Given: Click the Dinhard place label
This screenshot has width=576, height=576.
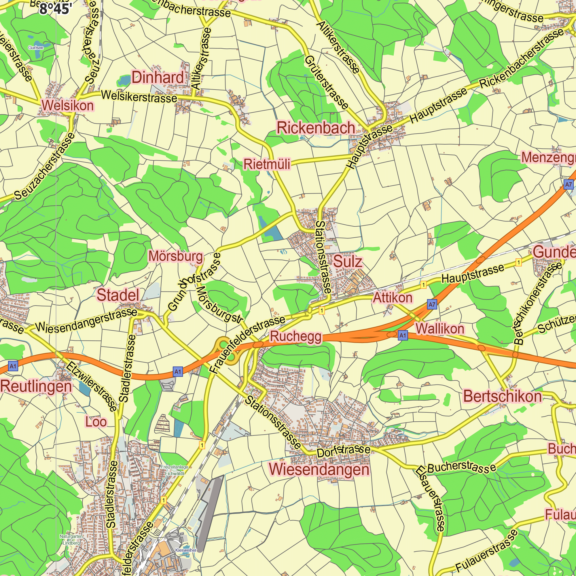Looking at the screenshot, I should click(158, 77).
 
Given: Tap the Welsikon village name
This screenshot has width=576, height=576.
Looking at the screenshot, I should click(68, 105).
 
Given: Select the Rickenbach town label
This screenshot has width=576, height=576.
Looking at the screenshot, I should click(316, 128).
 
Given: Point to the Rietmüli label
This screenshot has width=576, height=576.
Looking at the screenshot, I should click(267, 164).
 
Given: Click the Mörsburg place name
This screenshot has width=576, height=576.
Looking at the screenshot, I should click(176, 256).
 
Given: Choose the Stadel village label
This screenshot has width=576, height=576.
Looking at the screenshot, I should click(118, 295).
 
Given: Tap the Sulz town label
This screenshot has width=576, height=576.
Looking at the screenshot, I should click(348, 262).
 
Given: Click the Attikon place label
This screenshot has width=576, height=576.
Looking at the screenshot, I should click(393, 298).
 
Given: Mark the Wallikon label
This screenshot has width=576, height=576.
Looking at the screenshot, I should click(440, 329).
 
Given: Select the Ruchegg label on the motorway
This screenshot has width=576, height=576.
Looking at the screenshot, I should click(296, 336).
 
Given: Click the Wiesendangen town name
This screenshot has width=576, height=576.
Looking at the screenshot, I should click(319, 469).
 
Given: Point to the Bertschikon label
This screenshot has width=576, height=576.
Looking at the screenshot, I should click(502, 397).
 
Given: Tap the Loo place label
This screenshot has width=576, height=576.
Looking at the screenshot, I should click(96, 422).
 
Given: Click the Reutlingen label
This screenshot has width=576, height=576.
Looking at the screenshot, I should click(36, 386).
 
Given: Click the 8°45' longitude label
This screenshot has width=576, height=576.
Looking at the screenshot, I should click(56, 9).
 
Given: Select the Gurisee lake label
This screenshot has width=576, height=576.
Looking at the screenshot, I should click(36, 48).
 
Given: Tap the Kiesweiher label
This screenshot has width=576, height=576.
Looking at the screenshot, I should click(186, 550).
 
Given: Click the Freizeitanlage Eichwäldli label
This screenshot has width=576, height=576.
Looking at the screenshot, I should click(175, 470).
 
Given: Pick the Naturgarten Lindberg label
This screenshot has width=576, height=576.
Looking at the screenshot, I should click(71, 540).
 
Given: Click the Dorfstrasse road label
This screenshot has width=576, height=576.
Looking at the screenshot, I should click(343, 451).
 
